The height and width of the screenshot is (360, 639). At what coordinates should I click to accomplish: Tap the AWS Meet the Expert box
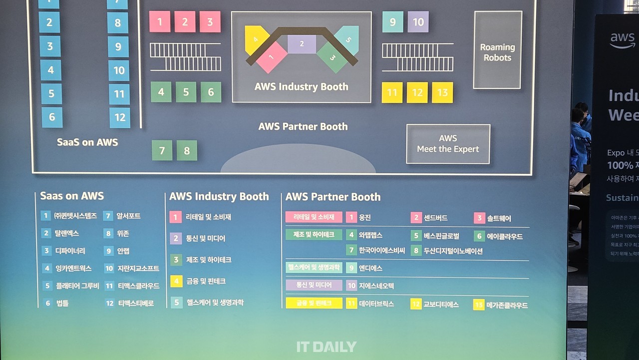[448, 144]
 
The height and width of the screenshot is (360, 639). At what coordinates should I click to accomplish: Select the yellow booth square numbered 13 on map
[442, 93]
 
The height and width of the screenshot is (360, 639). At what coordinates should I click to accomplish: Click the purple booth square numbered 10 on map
[418, 22]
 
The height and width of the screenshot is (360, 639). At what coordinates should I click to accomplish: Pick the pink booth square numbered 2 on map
[185, 22]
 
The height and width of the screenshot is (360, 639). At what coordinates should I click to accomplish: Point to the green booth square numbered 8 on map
[187, 150]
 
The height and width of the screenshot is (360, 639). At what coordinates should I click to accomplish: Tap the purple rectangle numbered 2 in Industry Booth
[302, 44]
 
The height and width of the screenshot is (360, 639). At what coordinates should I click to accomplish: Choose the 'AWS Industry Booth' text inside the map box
[301, 86]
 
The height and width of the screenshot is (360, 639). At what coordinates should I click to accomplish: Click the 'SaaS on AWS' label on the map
[88, 142]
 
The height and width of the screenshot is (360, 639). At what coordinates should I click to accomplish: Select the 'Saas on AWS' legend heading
[72, 196]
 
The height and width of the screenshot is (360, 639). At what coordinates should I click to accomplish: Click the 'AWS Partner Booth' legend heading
[333, 197]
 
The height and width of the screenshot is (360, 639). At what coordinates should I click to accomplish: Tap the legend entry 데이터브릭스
[376, 304]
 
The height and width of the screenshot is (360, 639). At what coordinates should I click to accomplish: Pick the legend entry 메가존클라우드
[507, 305]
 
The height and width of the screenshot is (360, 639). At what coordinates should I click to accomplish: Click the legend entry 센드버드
[435, 218]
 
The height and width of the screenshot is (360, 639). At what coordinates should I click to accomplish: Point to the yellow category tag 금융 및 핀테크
[314, 303]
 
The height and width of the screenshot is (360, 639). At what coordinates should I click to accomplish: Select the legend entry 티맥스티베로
[136, 303]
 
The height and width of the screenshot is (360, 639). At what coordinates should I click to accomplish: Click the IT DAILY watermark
[326, 347]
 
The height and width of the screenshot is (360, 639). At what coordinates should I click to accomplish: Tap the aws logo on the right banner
[622, 40]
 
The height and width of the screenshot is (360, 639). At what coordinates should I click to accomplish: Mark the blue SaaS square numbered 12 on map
[120, 118]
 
